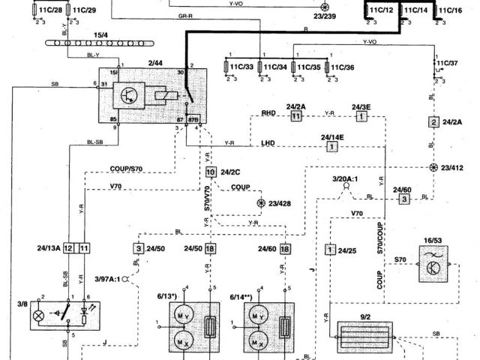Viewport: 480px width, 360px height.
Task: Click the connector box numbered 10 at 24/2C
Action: (x=211, y=172)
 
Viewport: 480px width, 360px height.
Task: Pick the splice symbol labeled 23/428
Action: (x=261, y=202)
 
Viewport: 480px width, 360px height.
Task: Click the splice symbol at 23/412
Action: (x=433, y=167)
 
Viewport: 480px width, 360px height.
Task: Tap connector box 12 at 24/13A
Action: (x=68, y=247)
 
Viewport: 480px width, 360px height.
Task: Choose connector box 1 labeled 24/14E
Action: (x=331, y=148)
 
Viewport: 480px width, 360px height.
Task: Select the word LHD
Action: (x=268, y=142)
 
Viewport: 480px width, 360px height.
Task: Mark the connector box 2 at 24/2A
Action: (x=433, y=121)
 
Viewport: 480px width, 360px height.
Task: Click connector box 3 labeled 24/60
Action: (x=404, y=199)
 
